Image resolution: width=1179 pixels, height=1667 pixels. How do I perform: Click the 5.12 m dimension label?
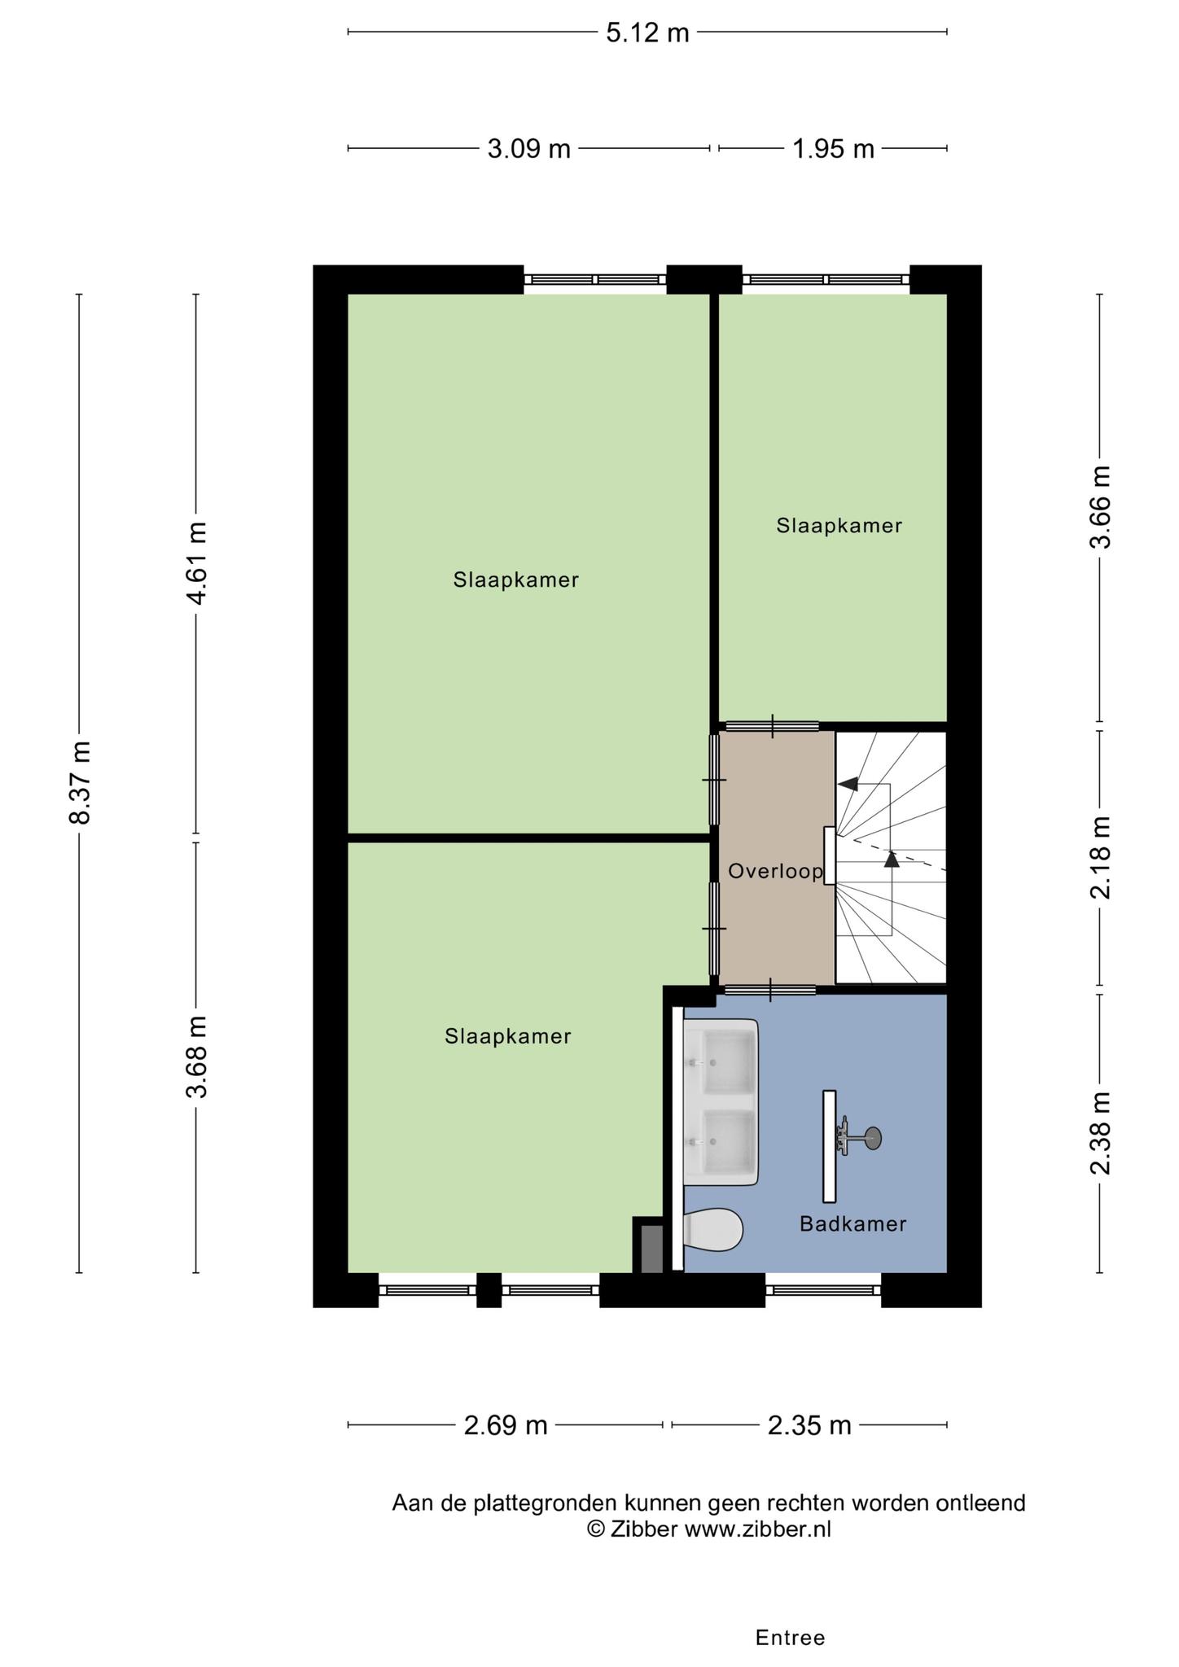click(647, 33)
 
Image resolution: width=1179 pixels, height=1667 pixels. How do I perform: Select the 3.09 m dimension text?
click(528, 149)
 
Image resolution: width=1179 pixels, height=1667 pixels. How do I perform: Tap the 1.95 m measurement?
click(833, 149)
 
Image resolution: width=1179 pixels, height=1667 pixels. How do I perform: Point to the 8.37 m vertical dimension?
click(80, 783)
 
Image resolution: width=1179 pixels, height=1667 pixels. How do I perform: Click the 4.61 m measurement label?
click(197, 563)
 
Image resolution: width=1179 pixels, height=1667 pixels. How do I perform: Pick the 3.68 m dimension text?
click(197, 1057)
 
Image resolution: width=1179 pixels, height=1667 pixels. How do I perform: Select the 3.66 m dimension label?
click(1100, 507)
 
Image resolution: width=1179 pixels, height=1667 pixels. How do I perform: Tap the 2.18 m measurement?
click(1100, 858)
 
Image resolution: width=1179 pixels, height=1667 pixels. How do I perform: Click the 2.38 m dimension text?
click(1100, 1133)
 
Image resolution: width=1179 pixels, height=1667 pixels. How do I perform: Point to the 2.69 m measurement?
click(506, 1425)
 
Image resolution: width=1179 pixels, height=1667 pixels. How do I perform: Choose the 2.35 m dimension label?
click(809, 1425)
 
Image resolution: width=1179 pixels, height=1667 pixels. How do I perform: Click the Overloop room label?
click(776, 872)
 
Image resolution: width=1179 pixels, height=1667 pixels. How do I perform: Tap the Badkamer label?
click(852, 1223)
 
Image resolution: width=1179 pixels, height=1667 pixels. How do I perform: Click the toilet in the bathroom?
click(713, 1229)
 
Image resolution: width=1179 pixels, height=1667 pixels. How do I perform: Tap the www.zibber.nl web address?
click(757, 1529)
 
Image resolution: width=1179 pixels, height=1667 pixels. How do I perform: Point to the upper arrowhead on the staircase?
click(848, 784)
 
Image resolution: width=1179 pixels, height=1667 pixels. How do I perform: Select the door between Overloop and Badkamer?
click(770, 990)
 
